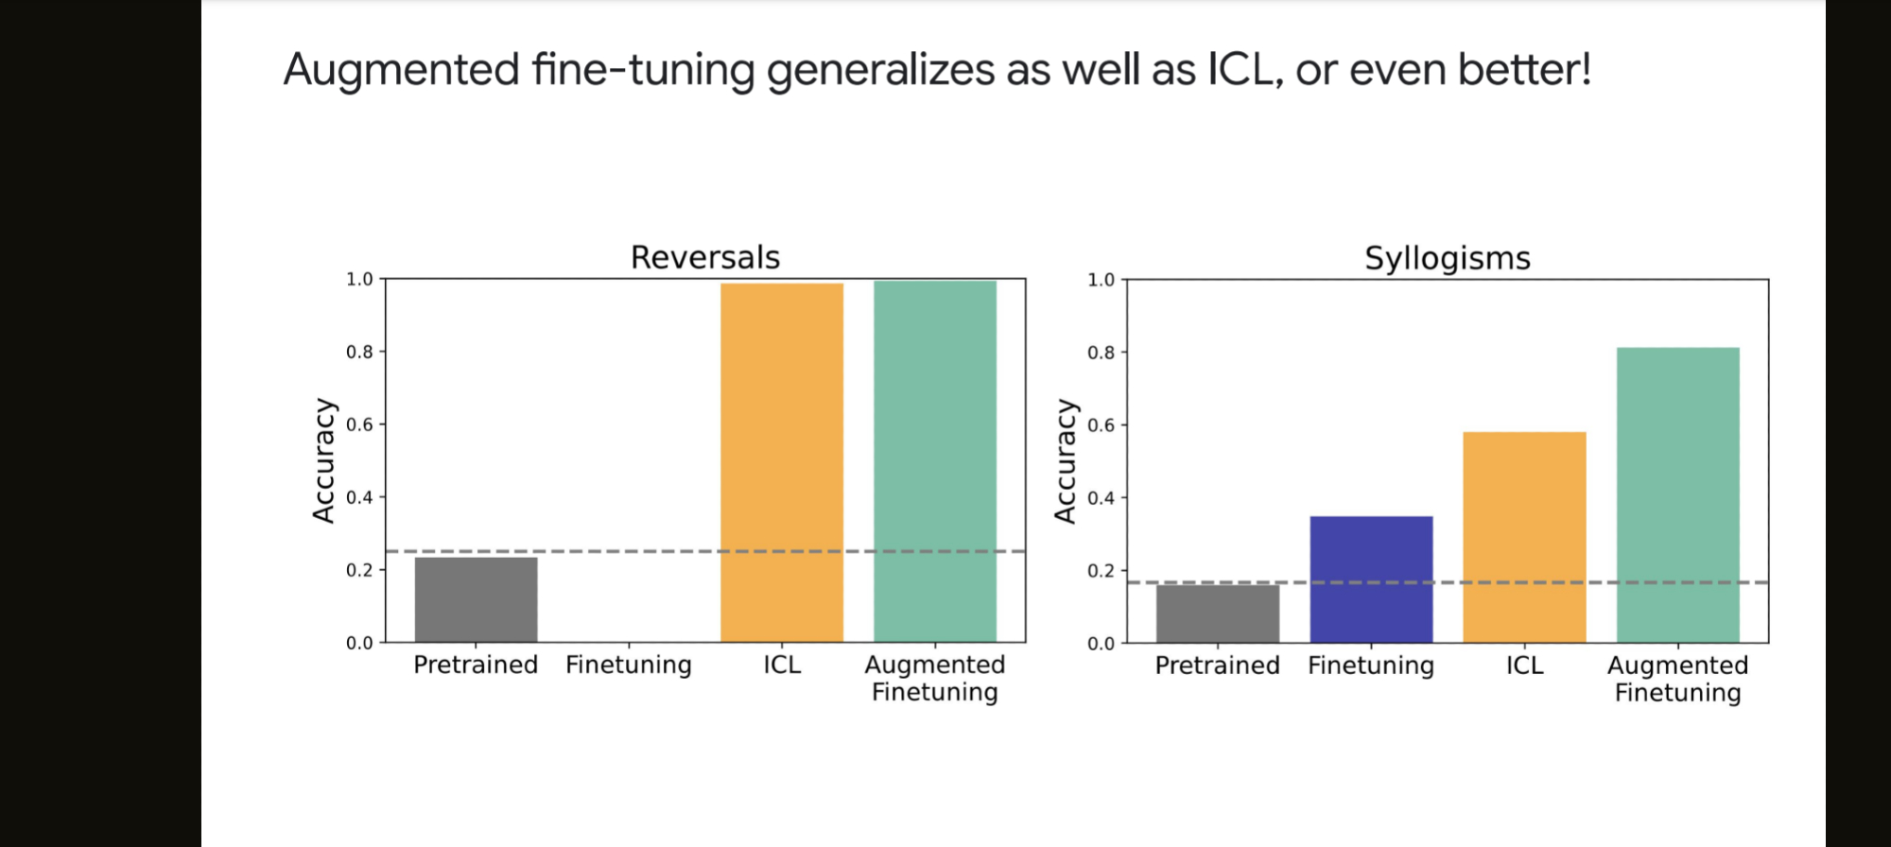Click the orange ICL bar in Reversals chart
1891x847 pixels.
coord(781,462)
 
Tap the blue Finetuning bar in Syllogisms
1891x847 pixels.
coord(1371,579)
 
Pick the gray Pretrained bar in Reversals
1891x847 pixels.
coord(476,599)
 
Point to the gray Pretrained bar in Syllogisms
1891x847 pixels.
coord(1217,614)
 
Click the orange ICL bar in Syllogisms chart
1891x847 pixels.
coord(1524,537)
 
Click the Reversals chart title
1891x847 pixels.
coord(705,257)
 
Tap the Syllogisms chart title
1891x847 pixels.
coord(1447,258)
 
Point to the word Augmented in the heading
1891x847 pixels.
coord(402,70)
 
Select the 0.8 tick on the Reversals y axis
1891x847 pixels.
coord(359,352)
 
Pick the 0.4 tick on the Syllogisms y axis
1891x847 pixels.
coord(1101,498)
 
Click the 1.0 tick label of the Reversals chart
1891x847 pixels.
coord(359,279)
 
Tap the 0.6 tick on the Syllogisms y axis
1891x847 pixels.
coord(1101,425)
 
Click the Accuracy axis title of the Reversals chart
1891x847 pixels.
coord(323,460)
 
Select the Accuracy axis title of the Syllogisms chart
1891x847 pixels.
coord(1065,460)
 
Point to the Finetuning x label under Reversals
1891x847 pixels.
coord(629,665)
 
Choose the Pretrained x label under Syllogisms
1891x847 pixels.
coord(1217,665)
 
